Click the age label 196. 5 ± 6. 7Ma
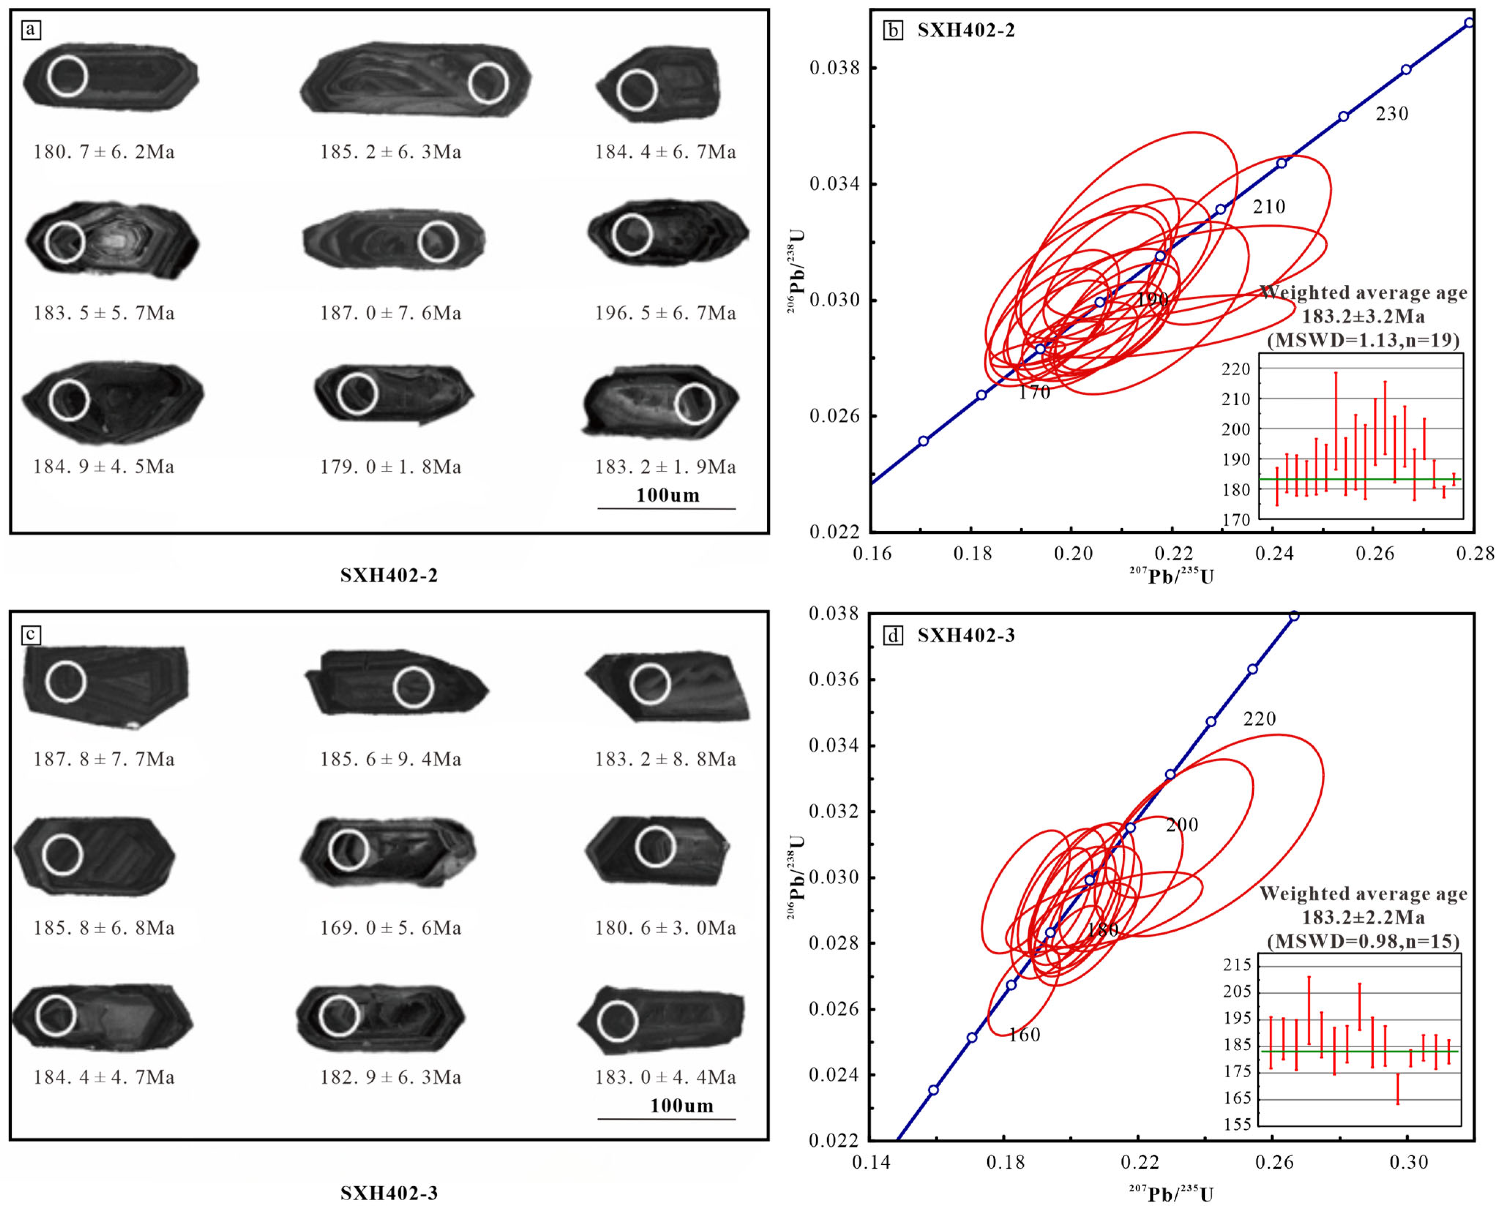tap(665, 313)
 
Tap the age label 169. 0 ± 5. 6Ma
tap(391, 928)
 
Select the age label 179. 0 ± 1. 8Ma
tap(391, 467)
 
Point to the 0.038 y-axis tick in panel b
tap(834, 68)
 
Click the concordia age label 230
tap(1392, 113)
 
